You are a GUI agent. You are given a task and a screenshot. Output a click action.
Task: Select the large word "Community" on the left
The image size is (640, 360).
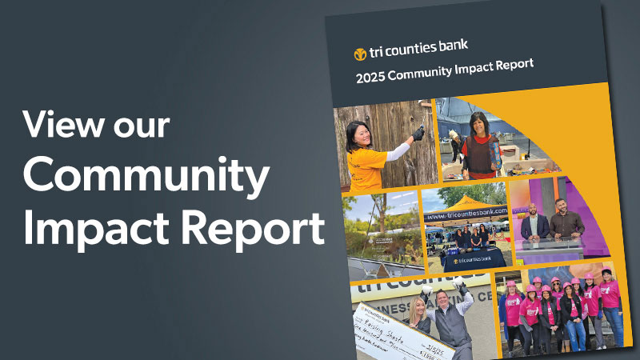coord(145,178)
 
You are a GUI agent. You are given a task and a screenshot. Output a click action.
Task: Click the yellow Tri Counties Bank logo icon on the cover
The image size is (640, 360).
coord(360,54)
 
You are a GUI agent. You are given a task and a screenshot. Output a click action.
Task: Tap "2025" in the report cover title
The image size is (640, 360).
coord(374,77)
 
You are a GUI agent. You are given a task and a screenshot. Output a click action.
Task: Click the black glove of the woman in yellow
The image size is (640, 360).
coord(417,132)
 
